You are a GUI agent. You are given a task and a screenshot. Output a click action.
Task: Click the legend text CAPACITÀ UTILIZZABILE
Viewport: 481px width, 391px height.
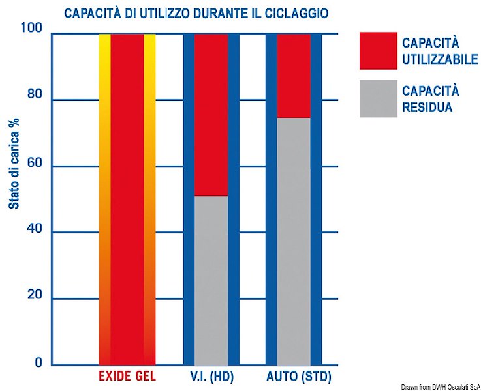pyautogui.click(x=440, y=51)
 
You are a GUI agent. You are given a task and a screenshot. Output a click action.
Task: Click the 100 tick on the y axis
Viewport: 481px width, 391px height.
pyautogui.click(x=32, y=29)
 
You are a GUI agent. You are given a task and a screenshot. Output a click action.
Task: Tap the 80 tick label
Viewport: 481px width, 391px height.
pyautogui.click(x=34, y=96)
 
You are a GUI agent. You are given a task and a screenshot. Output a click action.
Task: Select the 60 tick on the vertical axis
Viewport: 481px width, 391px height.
pyautogui.click(x=34, y=163)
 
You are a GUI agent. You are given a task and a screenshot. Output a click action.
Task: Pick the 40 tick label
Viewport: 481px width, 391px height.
pyautogui.click(x=34, y=229)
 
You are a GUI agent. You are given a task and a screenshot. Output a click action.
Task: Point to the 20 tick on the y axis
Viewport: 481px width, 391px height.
pyautogui.click(x=34, y=296)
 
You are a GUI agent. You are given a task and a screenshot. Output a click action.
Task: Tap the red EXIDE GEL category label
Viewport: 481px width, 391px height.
pyautogui.click(x=127, y=377)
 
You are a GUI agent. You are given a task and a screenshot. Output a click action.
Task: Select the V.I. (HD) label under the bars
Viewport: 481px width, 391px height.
pyautogui.click(x=211, y=377)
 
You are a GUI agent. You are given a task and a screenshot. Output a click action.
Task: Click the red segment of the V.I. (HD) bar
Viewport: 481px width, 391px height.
pyautogui.click(x=211, y=115)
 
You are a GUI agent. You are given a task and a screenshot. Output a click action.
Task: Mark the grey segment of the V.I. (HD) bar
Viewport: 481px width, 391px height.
pyautogui.click(x=211, y=280)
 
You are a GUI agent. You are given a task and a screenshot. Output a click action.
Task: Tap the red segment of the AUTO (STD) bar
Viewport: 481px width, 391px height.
pyautogui.click(x=294, y=76)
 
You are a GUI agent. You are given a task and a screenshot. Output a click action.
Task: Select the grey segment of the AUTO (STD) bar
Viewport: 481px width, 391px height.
pyautogui.click(x=294, y=241)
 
